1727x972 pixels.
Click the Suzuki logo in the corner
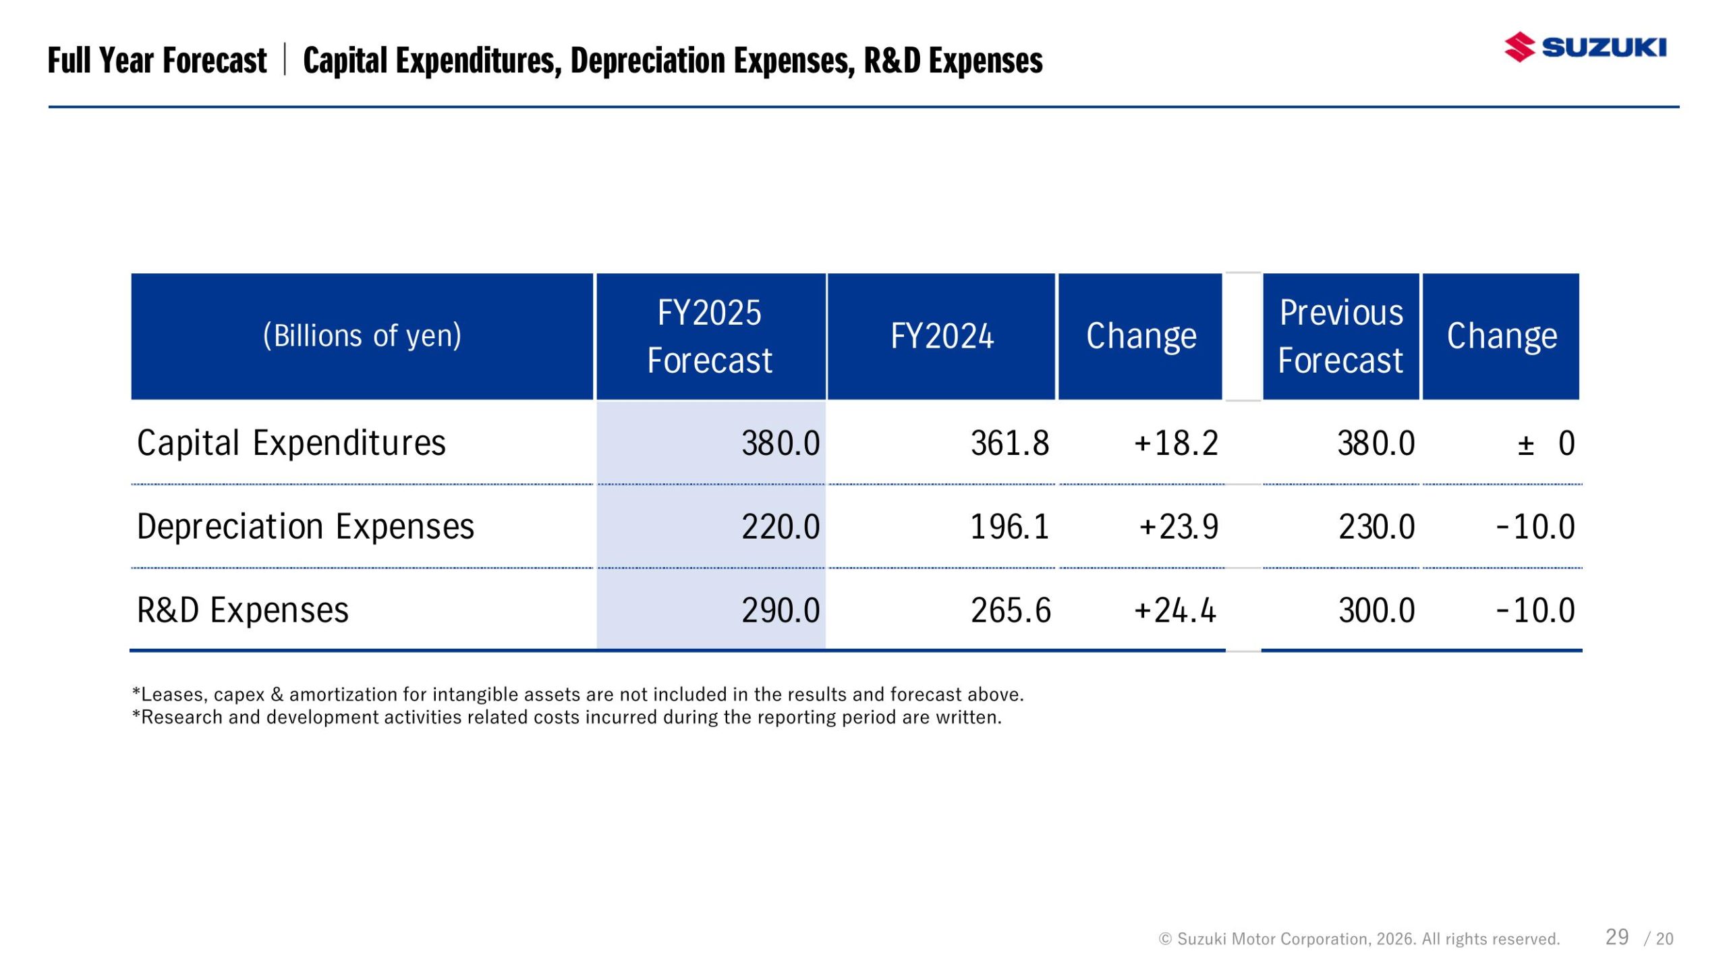(x=1584, y=47)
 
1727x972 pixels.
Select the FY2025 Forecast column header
(x=710, y=336)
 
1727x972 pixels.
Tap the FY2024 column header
(x=942, y=336)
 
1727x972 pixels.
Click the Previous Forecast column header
(x=1340, y=336)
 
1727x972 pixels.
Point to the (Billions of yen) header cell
(x=362, y=336)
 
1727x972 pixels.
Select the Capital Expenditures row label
(x=291, y=443)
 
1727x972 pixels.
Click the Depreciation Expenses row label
(x=306, y=526)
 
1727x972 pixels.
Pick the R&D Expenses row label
(x=243, y=610)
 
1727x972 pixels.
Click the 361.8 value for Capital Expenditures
(x=1010, y=443)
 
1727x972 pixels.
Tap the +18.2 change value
(x=1176, y=443)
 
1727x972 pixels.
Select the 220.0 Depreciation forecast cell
(x=781, y=526)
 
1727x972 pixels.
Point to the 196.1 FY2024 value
(x=1009, y=526)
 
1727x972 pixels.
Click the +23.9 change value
(x=1179, y=526)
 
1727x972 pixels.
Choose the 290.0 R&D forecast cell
(x=781, y=610)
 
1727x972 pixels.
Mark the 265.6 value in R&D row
(x=1011, y=610)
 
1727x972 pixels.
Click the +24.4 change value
(x=1175, y=610)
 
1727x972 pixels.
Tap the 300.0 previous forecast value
(x=1376, y=610)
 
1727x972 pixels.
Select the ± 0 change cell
(x=1546, y=443)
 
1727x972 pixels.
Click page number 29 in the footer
(x=1617, y=937)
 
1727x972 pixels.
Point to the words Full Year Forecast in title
(x=157, y=60)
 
